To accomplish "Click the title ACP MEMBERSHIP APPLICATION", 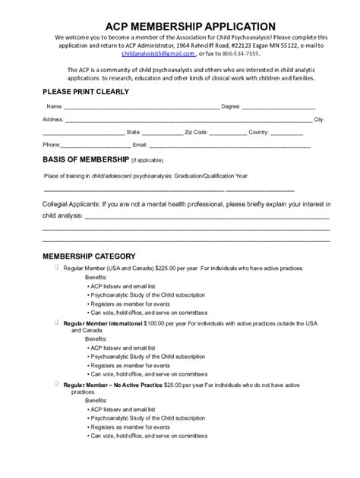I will pos(180,26).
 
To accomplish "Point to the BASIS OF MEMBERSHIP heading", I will pos(85,160).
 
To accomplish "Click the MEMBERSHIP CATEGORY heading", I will pos(89,256).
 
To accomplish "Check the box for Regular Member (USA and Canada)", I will pos(57,268).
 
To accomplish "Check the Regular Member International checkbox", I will pos(57,322).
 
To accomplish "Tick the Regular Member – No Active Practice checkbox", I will pos(57,385).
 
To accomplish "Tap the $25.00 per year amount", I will pos(172,387).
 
